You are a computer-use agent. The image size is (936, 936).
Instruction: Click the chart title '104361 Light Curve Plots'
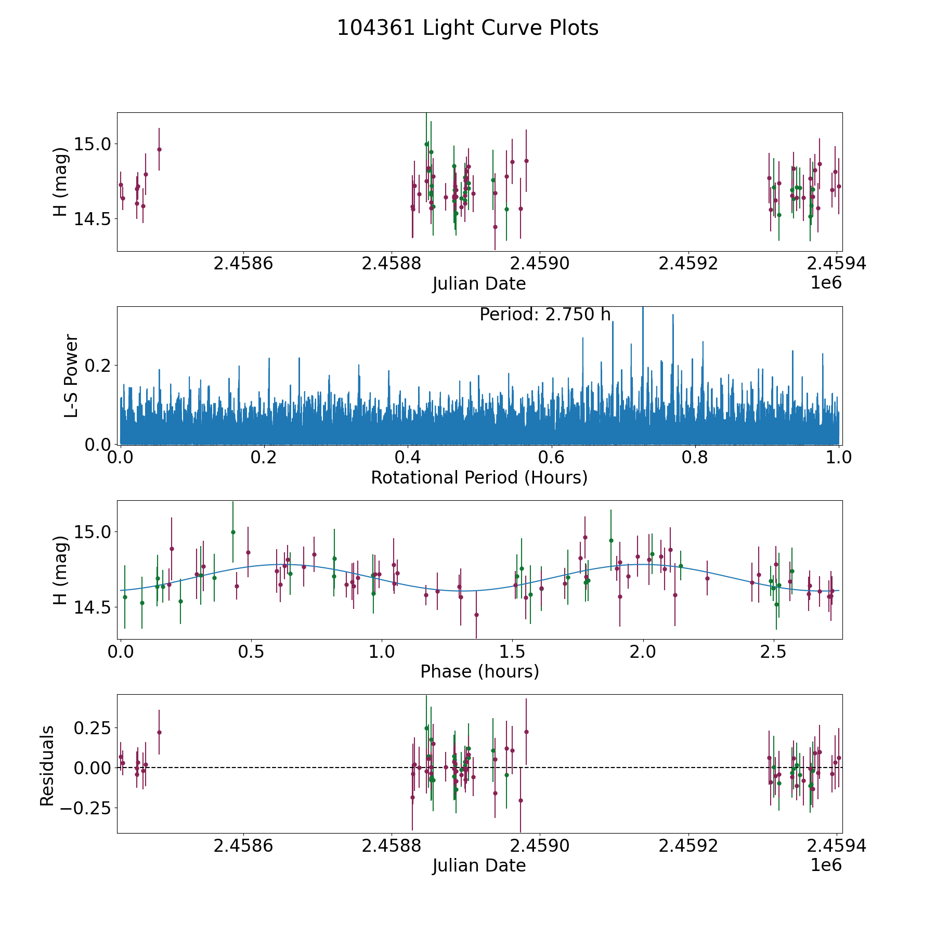pyautogui.click(x=467, y=28)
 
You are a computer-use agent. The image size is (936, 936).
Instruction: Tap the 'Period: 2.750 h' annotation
pyautogui.click(x=545, y=315)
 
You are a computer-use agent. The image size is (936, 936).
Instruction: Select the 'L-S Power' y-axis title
pyautogui.click(x=71, y=376)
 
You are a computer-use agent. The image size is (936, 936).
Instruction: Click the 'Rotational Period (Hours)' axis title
pyautogui.click(x=479, y=477)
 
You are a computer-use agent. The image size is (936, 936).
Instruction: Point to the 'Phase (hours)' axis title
pyautogui.click(x=479, y=672)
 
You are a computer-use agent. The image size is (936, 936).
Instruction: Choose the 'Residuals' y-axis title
pyautogui.click(x=47, y=766)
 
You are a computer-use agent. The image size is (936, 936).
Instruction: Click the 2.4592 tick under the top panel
pyautogui.click(x=688, y=264)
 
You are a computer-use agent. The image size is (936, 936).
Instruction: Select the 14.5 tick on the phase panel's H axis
pyautogui.click(x=92, y=607)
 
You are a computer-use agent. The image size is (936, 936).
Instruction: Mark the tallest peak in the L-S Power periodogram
pyautogui.click(x=643, y=308)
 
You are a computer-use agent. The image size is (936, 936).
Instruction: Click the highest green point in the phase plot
pyautogui.click(x=233, y=532)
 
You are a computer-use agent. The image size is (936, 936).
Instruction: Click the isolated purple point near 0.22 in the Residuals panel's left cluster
pyautogui.click(x=159, y=732)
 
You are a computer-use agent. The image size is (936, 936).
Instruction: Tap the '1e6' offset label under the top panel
pyautogui.click(x=826, y=283)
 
